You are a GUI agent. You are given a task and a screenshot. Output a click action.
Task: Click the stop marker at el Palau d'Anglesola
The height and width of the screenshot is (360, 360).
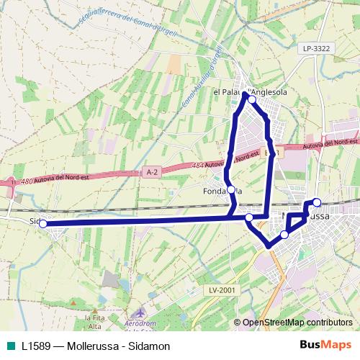click(251, 99)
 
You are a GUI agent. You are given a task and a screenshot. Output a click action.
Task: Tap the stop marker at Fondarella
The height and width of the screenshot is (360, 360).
click(231, 191)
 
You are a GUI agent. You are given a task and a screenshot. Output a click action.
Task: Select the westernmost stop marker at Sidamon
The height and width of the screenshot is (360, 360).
click(42, 224)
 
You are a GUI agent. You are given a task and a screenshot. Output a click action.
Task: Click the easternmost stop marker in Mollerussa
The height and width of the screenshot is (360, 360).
click(317, 202)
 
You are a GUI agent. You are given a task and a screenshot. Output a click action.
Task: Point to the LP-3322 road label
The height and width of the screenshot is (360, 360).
click(316, 48)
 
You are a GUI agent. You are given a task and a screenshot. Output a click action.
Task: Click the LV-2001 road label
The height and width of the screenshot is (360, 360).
click(222, 289)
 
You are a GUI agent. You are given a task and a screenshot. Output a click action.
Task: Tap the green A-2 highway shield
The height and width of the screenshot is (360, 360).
click(151, 172)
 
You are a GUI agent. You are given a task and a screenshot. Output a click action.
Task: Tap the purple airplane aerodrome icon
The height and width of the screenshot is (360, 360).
click(140, 314)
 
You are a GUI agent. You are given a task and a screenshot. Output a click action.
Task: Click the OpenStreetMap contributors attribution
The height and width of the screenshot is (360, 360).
click(297, 323)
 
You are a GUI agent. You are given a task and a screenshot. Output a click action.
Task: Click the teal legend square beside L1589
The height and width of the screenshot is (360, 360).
click(11, 346)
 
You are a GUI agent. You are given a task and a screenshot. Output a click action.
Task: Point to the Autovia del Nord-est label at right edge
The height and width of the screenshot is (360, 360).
click(330, 144)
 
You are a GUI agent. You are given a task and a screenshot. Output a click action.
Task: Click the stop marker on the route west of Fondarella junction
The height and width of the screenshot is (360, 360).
click(249, 217)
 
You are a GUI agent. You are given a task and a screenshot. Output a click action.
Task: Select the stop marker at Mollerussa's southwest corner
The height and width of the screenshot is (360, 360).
click(284, 235)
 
